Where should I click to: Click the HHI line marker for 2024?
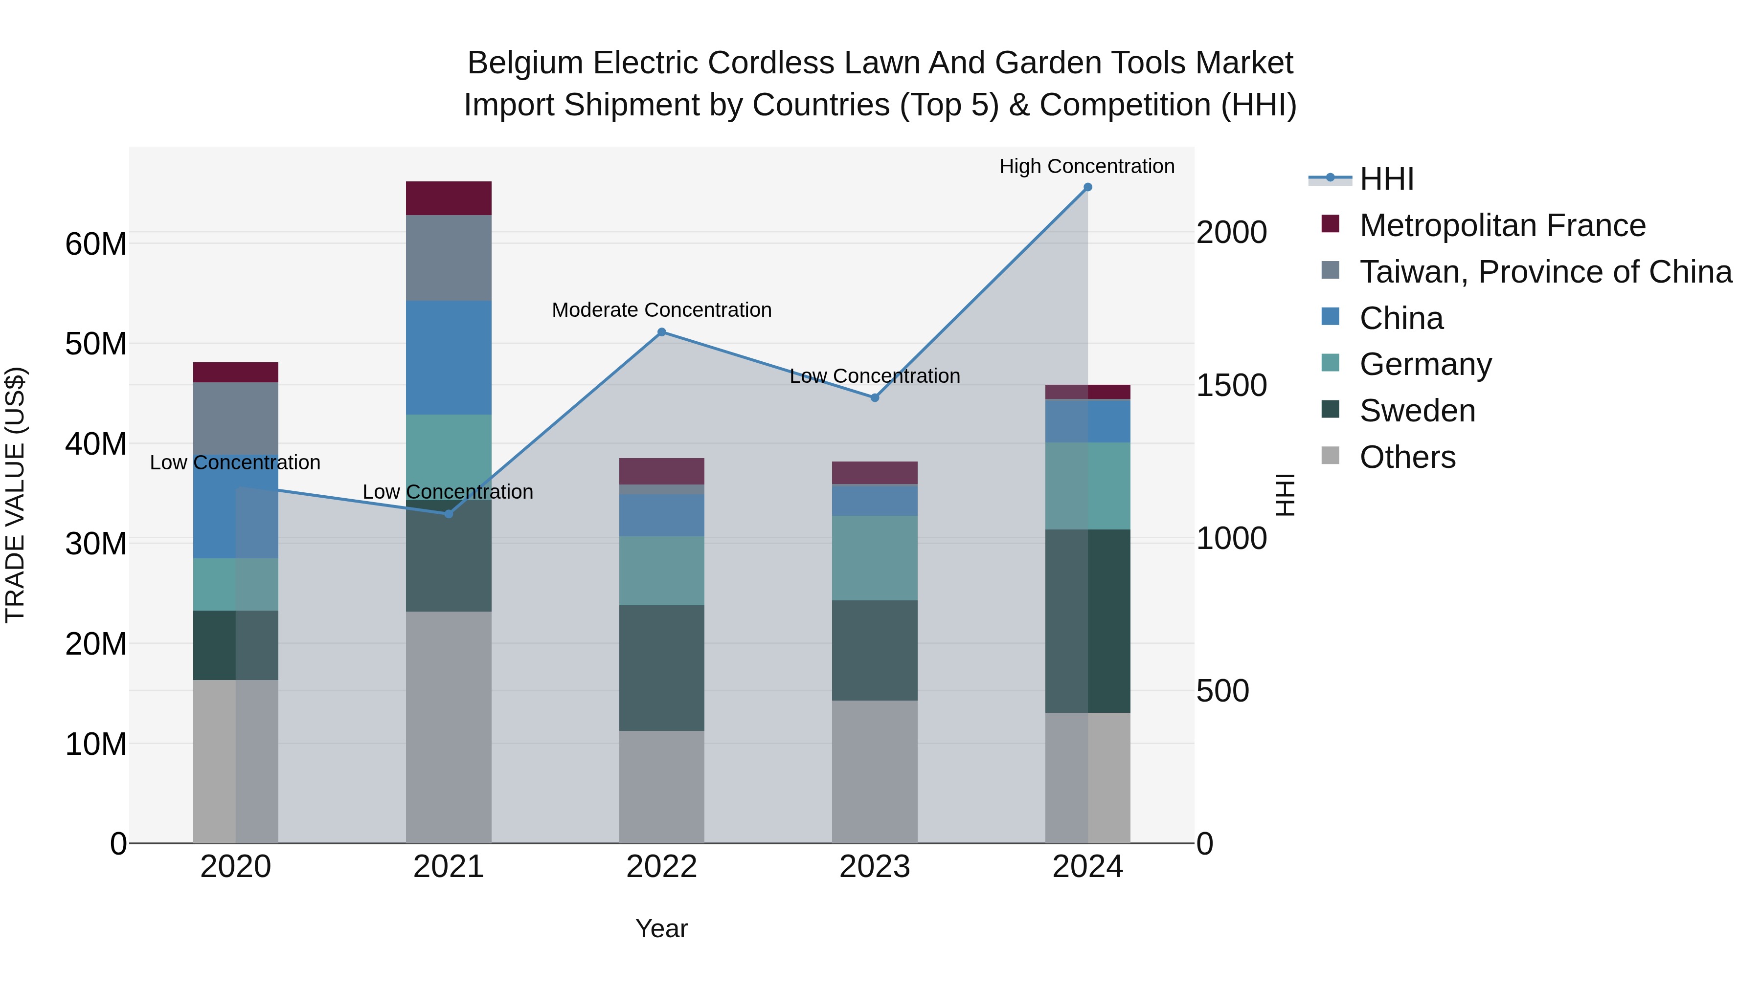(x=1087, y=187)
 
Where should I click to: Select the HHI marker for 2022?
(x=662, y=332)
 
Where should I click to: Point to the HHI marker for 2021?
(x=449, y=514)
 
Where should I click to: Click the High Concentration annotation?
(x=1086, y=166)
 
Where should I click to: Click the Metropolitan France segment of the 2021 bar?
(x=449, y=198)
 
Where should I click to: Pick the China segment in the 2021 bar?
(x=449, y=357)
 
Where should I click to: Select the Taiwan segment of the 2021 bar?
(x=449, y=258)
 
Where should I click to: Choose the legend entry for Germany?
(x=1425, y=364)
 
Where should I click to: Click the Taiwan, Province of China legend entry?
(x=1545, y=272)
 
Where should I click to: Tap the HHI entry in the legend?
(x=1386, y=179)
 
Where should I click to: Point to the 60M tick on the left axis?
(x=96, y=244)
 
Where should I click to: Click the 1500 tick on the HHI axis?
(x=1231, y=385)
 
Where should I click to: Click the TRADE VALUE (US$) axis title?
(x=15, y=495)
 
